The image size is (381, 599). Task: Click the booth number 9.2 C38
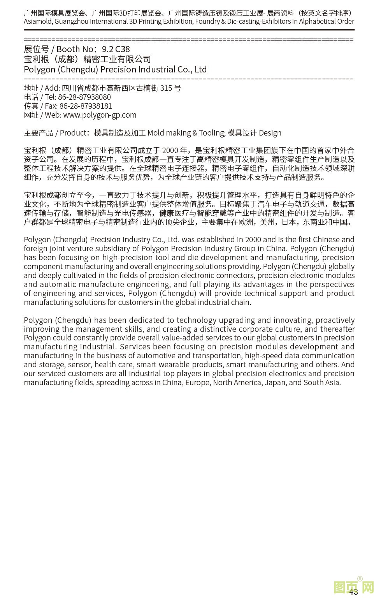pyautogui.click(x=116, y=49)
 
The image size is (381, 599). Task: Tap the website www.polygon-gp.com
pyautogui.click(x=100, y=115)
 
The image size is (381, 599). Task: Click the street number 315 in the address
pyautogui.click(x=166, y=88)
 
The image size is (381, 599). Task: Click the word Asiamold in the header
pyautogui.click(x=38, y=21)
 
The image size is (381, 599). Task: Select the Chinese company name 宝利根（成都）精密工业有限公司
pyautogui.click(x=87, y=59)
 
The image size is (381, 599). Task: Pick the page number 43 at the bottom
pyautogui.click(x=353, y=592)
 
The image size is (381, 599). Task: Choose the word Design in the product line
pyautogui.click(x=270, y=133)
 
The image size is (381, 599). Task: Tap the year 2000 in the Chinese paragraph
pyautogui.click(x=170, y=150)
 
